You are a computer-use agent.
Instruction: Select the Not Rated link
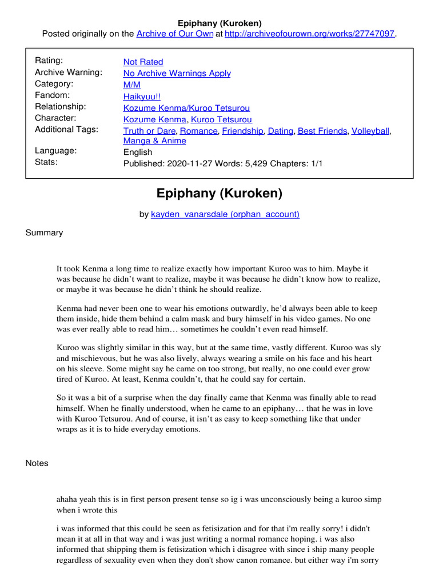(143, 62)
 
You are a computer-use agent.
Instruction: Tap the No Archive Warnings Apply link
(177, 73)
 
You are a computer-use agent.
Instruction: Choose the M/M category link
(131, 85)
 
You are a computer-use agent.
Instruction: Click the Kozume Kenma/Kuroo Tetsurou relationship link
(186, 107)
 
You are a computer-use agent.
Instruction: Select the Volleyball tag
(370, 131)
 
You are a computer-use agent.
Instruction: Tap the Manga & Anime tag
(154, 141)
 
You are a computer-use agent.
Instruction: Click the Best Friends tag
(322, 131)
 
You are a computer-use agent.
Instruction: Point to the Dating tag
(280, 131)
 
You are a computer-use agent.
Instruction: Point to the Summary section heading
(45, 233)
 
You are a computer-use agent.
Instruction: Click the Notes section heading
(37, 463)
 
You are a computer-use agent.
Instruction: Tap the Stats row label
(46, 162)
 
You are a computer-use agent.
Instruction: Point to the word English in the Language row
(138, 152)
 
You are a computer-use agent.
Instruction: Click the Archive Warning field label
(69, 73)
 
